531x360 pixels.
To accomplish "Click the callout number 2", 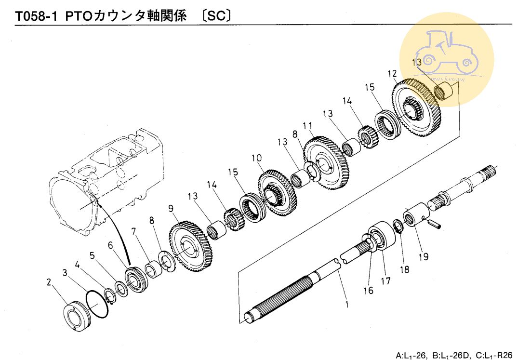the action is [49, 282].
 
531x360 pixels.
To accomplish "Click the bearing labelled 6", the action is [137, 280].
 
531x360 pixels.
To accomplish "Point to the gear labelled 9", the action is [191, 245].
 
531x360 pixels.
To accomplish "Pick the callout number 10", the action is [257, 158].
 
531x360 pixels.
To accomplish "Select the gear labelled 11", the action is [327, 163].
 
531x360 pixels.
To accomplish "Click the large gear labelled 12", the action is [416, 107].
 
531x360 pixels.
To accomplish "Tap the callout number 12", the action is [392, 74].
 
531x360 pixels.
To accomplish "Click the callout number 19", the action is [424, 257].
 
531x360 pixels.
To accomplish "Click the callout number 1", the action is [347, 304].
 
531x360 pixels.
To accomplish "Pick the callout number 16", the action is [369, 290].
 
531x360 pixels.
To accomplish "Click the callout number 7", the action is [134, 231].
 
